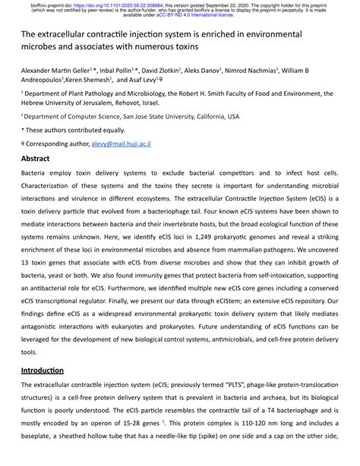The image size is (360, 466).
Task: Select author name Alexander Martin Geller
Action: click(58, 71)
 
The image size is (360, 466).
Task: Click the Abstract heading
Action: click(35, 160)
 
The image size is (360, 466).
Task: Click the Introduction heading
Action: click(42, 370)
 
